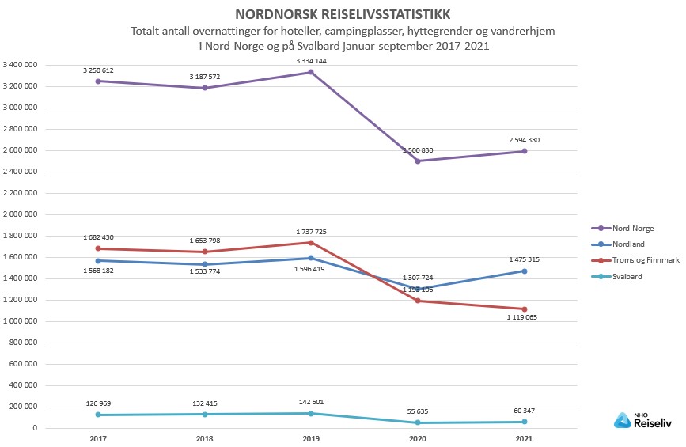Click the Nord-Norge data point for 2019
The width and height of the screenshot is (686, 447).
pyautogui.click(x=311, y=72)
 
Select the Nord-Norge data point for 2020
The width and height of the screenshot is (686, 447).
pyautogui.click(x=418, y=161)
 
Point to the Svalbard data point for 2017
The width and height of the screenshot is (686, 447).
pyautogui.click(x=98, y=415)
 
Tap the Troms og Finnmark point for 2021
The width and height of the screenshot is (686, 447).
pyautogui.click(x=524, y=309)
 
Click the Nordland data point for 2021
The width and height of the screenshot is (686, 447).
pyautogui.click(x=524, y=271)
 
